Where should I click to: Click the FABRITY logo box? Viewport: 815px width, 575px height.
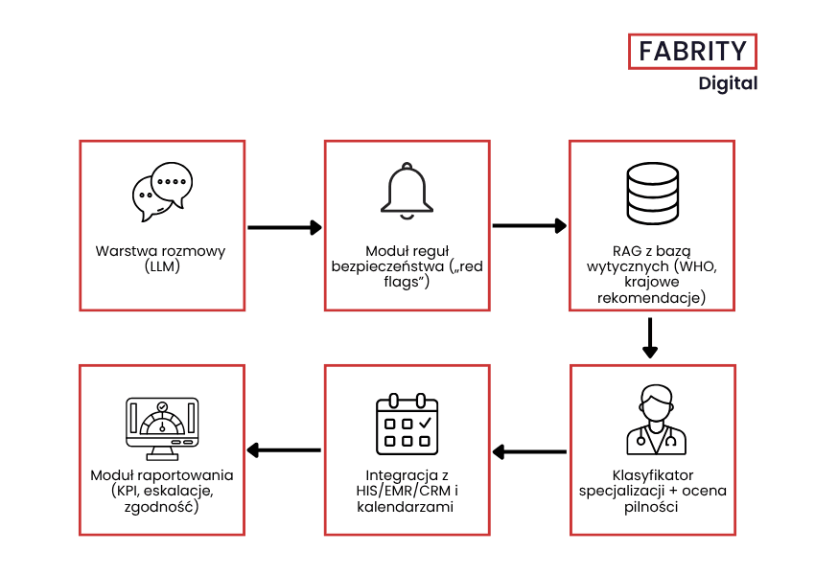pyautogui.click(x=692, y=50)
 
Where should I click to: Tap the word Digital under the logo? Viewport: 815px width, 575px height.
pyautogui.click(x=728, y=83)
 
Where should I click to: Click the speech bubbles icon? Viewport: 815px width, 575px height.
pyautogui.click(x=161, y=188)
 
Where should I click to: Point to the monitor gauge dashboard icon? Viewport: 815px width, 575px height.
pyautogui.click(x=161, y=427)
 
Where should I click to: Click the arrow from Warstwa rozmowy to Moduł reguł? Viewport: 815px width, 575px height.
pyautogui.click(x=284, y=227)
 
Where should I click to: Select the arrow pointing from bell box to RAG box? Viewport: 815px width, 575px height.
pyautogui.click(x=529, y=226)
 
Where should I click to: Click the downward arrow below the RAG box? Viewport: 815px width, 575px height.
pyautogui.click(x=651, y=337)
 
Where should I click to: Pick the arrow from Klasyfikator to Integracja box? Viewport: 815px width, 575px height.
pyautogui.click(x=529, y=451)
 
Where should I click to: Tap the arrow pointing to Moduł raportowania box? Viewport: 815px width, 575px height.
pyautogui.click(x=284, y=450)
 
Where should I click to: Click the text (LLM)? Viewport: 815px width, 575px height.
pyautogui.click(x=160, y=266)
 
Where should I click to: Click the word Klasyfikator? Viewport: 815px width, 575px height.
pyautogui.click(x=652, y=475)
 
